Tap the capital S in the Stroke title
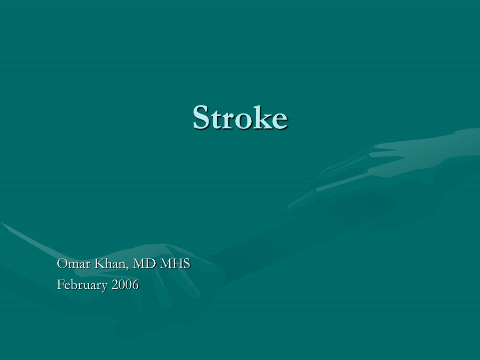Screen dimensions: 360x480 (201, 117)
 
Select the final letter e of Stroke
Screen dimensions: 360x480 (278, 120)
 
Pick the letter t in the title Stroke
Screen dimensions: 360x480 (214, 119)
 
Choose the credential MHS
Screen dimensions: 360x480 (175, 264)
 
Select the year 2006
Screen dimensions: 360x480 (125, 285)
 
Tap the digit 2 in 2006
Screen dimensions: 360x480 (114, 285)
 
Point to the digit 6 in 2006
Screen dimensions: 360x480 (135, 285)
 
